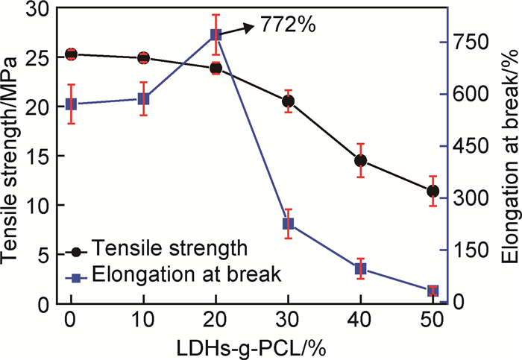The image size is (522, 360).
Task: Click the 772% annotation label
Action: click(289, 25)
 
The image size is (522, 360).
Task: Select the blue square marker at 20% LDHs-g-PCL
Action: click(216, 35)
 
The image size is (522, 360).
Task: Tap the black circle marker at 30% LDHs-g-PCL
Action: click(288, 101)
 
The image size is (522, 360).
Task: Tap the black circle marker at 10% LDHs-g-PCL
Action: click(143, 57)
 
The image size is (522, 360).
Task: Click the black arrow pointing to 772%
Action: click(240, 29)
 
